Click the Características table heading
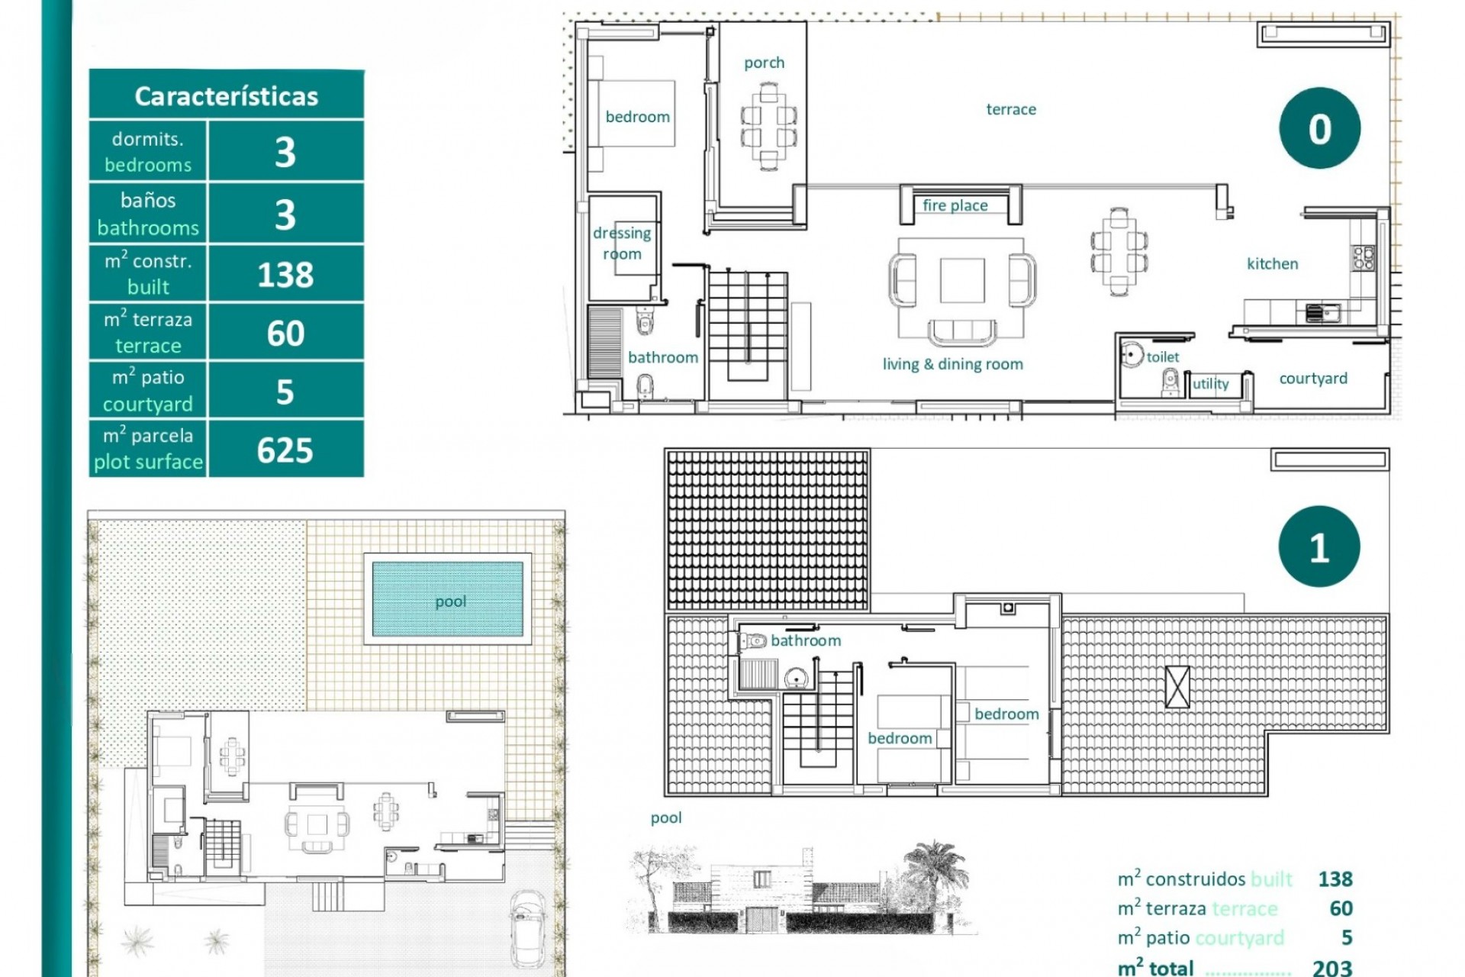click(x=226, y=96)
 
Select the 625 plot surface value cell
click(x=285, y=450)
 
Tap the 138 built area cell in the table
click(x=285, y=275)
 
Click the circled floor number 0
click(x=1319, y=128)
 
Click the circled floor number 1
click(x=1319, y=547)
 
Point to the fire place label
click(x=955, y=205)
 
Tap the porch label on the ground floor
click(x=764, y=63)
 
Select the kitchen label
click(x=1272, y=264)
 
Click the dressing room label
click(x=622, y=243)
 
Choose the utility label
click(x=1211, y=383)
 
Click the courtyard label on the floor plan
click(x=1313, y=379)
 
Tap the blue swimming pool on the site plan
click(x=448, y=600)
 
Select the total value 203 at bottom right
click(x=1332, y=968)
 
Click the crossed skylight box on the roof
click(x=1177, y=686)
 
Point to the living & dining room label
click(x=952, y=364)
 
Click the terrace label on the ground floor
click(x=1011, y=109)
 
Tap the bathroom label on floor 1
click(x=806, y=640)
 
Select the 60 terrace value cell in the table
click(x=285, y=334)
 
